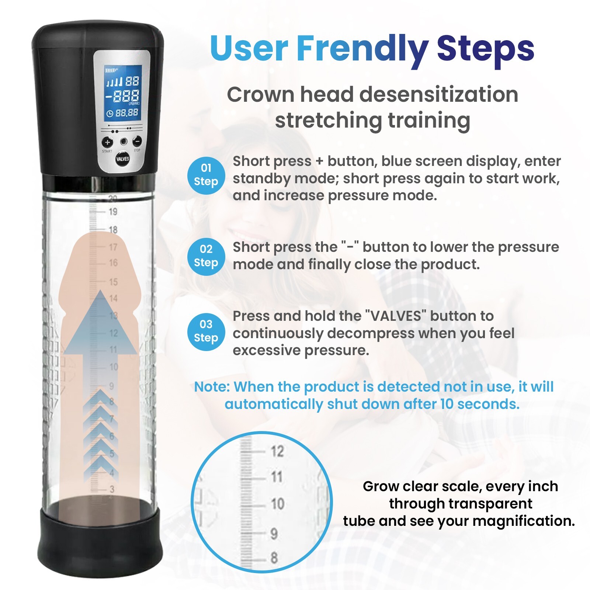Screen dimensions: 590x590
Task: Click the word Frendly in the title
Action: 362,49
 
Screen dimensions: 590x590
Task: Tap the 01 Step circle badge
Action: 206,175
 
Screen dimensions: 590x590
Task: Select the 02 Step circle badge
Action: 206,256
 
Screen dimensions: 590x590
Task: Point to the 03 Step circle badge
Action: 206,332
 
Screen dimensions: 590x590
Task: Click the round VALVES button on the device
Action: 122,159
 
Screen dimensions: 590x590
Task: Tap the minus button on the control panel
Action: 137,141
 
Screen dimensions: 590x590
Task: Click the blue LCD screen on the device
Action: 123,93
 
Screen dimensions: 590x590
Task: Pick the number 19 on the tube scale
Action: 113,212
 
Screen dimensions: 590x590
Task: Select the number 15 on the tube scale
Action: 113,282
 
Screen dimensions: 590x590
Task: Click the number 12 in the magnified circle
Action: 277,451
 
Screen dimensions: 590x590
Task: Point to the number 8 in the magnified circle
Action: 274,558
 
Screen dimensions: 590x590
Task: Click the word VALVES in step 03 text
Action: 395,316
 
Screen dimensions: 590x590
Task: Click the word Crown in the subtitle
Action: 261,94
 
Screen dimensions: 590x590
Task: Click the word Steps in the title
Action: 485,49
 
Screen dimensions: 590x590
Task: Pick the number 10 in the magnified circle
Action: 277,504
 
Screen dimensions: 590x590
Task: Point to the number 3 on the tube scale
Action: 112,489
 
